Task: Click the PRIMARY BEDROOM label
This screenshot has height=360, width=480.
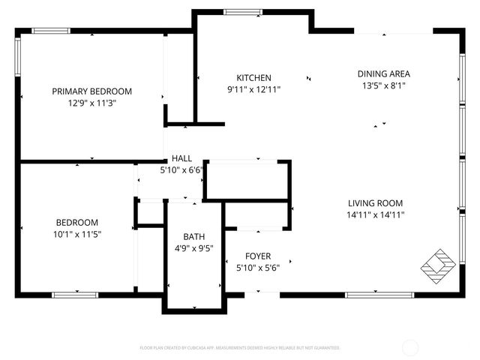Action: pos(91,91)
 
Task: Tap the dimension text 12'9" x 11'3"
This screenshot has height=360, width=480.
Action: pos(91,103)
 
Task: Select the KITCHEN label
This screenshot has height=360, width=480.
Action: pos(253,78)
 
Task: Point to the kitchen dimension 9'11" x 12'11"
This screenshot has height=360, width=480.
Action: pos(253,90)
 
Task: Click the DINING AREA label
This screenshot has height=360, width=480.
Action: pos(383,73)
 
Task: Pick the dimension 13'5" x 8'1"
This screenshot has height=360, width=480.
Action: pos(383,85)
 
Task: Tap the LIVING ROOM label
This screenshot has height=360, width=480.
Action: pos(375,203)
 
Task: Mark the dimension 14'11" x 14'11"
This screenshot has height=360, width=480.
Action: pos(375,215)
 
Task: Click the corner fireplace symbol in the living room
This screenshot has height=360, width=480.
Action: pos(437,263)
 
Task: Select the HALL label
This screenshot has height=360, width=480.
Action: pos(181,158)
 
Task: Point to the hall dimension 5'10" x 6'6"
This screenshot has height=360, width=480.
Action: pos(181,170)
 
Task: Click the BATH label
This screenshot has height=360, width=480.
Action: pos(193,235)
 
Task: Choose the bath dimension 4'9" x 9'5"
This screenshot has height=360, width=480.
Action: pos(193,247)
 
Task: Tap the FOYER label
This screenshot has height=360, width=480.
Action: pos(258,256)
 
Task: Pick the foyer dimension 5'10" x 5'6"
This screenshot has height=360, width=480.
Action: pos(258,268)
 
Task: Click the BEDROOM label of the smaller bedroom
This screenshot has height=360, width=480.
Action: pos(76,222)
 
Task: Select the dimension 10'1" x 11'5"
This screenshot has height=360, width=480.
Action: pos(76,234)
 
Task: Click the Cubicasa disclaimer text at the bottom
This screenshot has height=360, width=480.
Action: pos(240,348)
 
